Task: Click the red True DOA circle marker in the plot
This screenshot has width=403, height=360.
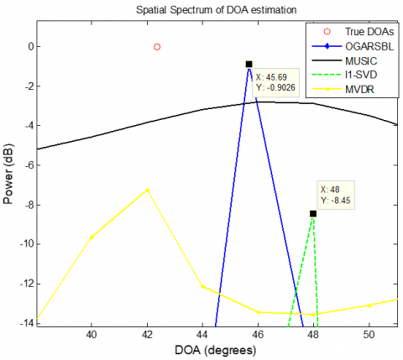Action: (x=157, y=47)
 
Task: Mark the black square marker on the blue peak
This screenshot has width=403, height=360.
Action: (x=249, y=64)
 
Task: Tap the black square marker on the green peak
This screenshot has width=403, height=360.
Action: (x=313, y=213)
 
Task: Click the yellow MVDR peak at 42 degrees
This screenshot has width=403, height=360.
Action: (x=148, y=190)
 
